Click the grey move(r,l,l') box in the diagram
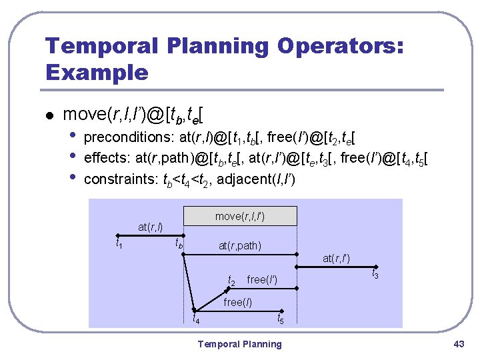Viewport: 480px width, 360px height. point(245,216)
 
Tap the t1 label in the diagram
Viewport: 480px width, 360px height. point(120,245)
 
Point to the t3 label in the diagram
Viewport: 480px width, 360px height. point(375,275)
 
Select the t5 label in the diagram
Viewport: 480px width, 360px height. point(281,321)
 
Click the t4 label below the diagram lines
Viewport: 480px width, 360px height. point(196,319)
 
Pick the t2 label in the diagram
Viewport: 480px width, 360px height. point(232,281)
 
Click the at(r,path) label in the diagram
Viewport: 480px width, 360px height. point(240,246)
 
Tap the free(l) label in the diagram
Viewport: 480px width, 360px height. point(237,302)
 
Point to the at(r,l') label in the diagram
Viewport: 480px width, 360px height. point(337,258)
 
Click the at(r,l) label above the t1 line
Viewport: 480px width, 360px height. point(150,227)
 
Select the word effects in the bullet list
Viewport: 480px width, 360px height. point(105,159)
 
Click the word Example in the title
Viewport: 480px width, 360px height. point(97,71)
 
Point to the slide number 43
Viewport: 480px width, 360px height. point(458,344)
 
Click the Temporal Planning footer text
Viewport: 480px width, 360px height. point(240,344)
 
